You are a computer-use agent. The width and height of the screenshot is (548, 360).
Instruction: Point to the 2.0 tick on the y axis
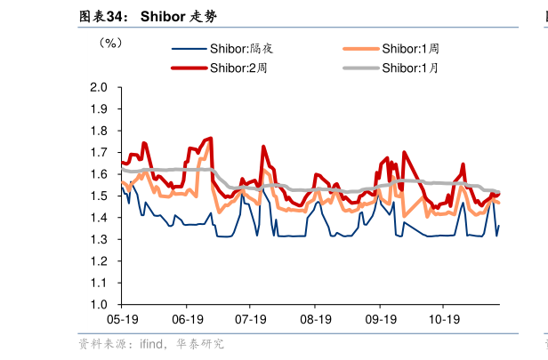(100, 88)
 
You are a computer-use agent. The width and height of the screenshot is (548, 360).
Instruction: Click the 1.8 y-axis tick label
(100, 132)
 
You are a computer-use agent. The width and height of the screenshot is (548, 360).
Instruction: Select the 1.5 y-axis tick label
(100, 196)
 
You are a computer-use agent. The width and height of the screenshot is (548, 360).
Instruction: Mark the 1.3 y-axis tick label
(100, 240)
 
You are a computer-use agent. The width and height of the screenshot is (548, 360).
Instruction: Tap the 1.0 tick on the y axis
(100, 305)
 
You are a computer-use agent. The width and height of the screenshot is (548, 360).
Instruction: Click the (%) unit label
(110, 42)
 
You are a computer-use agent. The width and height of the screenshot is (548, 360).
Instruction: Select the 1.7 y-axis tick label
(100, 153)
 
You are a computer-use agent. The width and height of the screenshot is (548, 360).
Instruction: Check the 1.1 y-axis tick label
(100, 284)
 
